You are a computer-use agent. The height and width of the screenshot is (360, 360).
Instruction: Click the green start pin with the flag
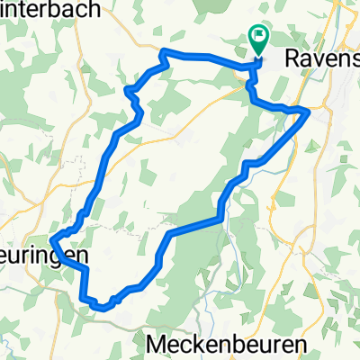tap(258, 40)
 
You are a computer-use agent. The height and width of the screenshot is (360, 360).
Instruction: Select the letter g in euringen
tap(57, 257)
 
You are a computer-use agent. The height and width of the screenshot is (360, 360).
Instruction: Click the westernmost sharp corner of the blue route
tap(51, 240)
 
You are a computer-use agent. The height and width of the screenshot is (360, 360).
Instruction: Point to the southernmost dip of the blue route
tap(104, 307)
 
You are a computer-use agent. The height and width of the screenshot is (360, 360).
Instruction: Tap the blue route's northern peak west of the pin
tap(163, 52)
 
